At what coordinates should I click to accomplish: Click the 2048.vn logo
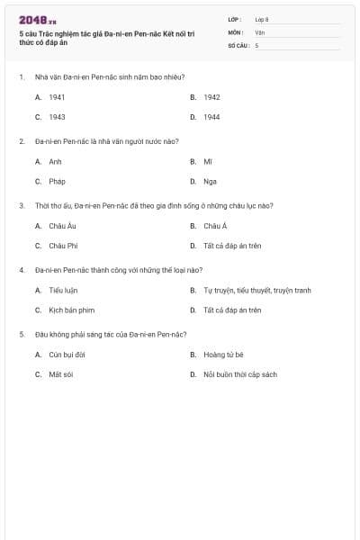[37, 20]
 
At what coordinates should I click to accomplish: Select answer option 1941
[57, 97]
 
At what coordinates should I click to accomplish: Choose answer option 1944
[211, 117]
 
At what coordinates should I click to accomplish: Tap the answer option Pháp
[57, 181]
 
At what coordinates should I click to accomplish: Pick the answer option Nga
[208, 181]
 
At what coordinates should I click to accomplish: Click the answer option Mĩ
[207, 161]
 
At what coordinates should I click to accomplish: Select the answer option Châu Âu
[62, 226]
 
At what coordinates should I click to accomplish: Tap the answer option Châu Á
[215, 226]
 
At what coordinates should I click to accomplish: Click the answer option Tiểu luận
[64, 291]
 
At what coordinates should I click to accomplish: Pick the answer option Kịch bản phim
[71, 310]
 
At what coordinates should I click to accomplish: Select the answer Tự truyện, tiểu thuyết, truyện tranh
[256, 291]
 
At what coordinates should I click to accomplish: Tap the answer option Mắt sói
[60, 374]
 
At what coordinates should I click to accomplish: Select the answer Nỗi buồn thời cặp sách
[239, 374]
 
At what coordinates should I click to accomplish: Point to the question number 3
[22, 205]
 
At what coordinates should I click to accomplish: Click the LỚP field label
[235, 19]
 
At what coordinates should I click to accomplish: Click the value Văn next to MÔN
[259, 31]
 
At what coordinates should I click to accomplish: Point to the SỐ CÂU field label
[237, 44]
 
